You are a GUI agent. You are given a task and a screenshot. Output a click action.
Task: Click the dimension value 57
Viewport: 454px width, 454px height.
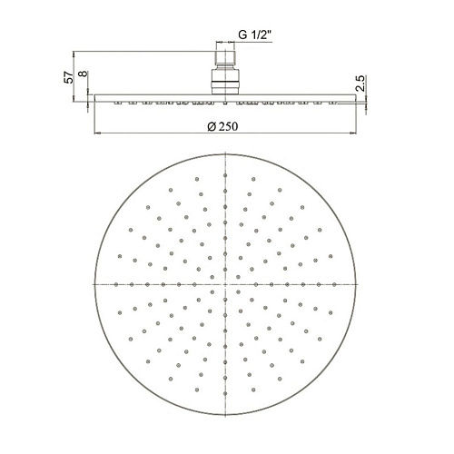(x=69, y=77)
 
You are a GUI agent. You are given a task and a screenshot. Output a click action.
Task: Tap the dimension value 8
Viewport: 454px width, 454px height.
(x=83, y=74)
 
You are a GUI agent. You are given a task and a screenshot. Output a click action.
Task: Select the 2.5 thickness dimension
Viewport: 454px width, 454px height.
(x=360, y=84)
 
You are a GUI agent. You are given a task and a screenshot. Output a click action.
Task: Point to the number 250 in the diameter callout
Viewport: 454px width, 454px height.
(x=228, y=126)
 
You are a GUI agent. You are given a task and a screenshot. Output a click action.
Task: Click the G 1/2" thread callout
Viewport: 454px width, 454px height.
(x=255, y=35)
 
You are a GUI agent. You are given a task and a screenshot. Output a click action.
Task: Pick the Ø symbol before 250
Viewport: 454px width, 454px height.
(x=212, y=126)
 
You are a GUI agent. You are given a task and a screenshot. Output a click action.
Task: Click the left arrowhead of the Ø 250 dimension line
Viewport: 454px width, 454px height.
(x=97, y=133)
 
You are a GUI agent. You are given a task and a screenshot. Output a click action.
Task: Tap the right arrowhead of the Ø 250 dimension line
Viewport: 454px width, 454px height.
(x=353, y=133)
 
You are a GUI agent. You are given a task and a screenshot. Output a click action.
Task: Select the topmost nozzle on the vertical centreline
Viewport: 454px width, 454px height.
(x=225, y=175)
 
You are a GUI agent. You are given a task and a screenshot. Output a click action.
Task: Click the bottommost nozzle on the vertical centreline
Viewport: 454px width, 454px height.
(x=225, y=393)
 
